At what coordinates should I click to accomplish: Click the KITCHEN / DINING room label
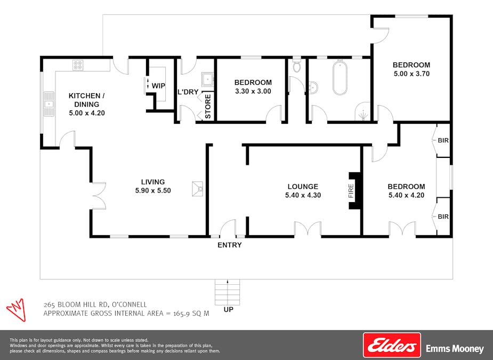click(x=87, y=100)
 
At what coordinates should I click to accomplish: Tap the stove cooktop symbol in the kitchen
click(x=78, y=66)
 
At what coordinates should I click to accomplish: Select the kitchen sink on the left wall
click(x=49, y=103)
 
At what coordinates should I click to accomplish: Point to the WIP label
click(x=158, y=86)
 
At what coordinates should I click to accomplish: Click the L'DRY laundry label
click(x=188, y=92)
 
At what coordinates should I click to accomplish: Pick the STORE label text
click(x=208, y=106)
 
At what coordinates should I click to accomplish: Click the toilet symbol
click(x=297, y=66)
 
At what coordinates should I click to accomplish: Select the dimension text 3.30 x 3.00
click(x=253, y=91)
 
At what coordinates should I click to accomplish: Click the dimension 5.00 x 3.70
click(x=411, y=74)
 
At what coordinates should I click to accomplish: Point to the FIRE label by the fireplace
click(x=351, y=190)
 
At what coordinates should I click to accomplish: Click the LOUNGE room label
click(x=303, y=187)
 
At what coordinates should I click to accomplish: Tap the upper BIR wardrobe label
click(x=443, y=141)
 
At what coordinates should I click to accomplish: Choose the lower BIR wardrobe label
click(x=443, y=217)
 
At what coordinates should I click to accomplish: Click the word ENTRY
click(x=230, y=245)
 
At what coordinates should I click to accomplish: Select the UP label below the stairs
click(x=228, y=309)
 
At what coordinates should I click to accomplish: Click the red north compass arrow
click(x=16, y=309)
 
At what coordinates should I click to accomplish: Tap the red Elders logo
click(x=392, y=345)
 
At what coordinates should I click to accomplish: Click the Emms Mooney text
click(x=455, y=349)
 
